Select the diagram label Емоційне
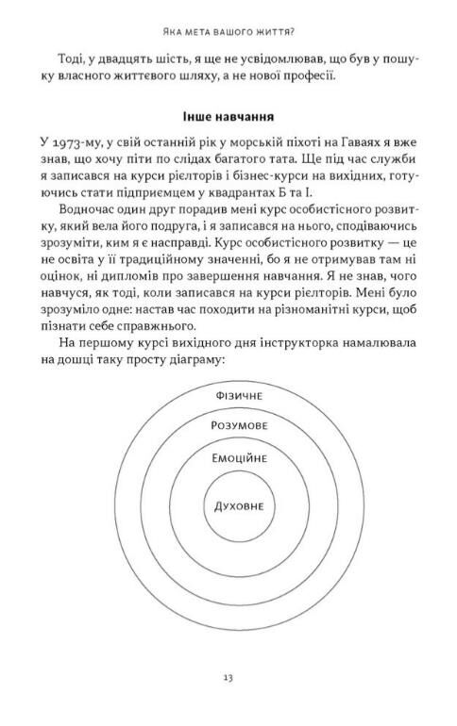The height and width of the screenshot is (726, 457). pos(231,458)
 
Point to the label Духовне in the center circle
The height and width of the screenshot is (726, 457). pos(231,505)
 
